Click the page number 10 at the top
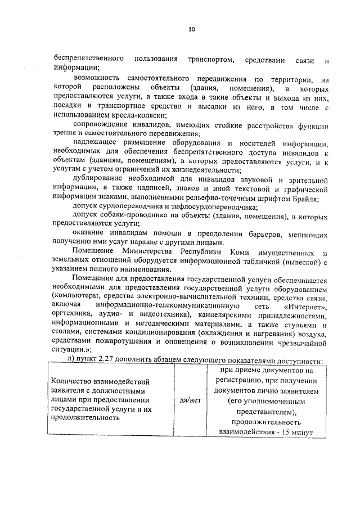click(x=191, y=30)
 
